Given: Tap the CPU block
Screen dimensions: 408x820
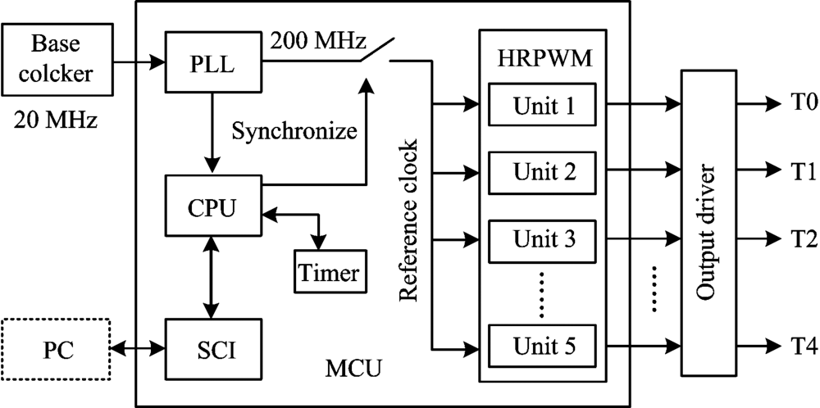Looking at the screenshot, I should [212, 205].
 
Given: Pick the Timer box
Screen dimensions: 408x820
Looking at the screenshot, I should [328, 272].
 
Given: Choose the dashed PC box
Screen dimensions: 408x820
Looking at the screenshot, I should [56, 349].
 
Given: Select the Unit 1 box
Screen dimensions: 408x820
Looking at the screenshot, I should [544, 105].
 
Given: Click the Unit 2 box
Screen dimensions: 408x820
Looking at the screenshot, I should [544, 172].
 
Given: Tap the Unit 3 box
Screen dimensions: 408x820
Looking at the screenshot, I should [544, 240].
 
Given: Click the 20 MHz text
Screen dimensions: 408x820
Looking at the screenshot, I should [56, 123].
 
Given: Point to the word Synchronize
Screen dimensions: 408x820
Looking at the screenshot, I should [283, 130].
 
